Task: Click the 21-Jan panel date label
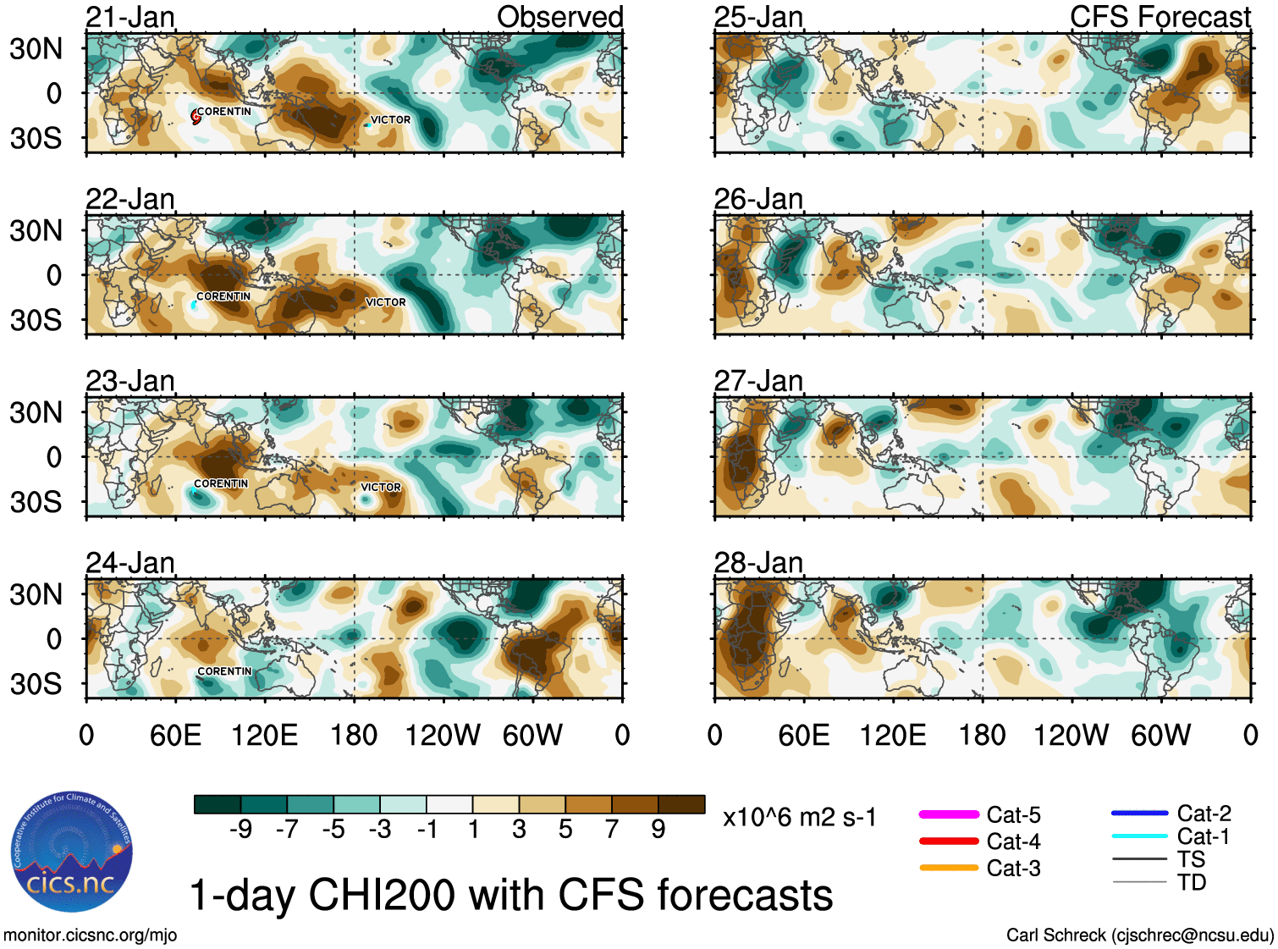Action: coord(130,17)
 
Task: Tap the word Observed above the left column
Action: coord(559,17)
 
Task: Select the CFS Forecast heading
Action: coord(1160,17)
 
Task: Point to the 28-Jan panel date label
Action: coord(758,563)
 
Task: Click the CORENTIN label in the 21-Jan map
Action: coord(224,112)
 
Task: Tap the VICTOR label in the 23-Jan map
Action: coord(381,488)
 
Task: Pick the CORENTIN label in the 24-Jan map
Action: coord(224,671)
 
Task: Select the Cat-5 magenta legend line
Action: coord(949,814)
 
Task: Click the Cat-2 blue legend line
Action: coord(1139,814)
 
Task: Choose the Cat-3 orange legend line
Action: coord(949,868)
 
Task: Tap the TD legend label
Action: coord(1192,883)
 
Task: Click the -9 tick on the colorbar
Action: coord(240,830)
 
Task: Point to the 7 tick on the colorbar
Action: coord(612,830)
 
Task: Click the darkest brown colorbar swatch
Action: coord(681,804)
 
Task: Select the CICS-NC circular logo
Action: coord(72,852)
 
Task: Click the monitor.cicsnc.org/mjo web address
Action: coord(91,935)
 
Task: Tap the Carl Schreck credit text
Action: coord(1139,935)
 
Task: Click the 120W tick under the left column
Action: coord(443,735)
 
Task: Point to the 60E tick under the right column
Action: coord(803,735)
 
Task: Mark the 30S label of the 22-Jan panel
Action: coord(36,320)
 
